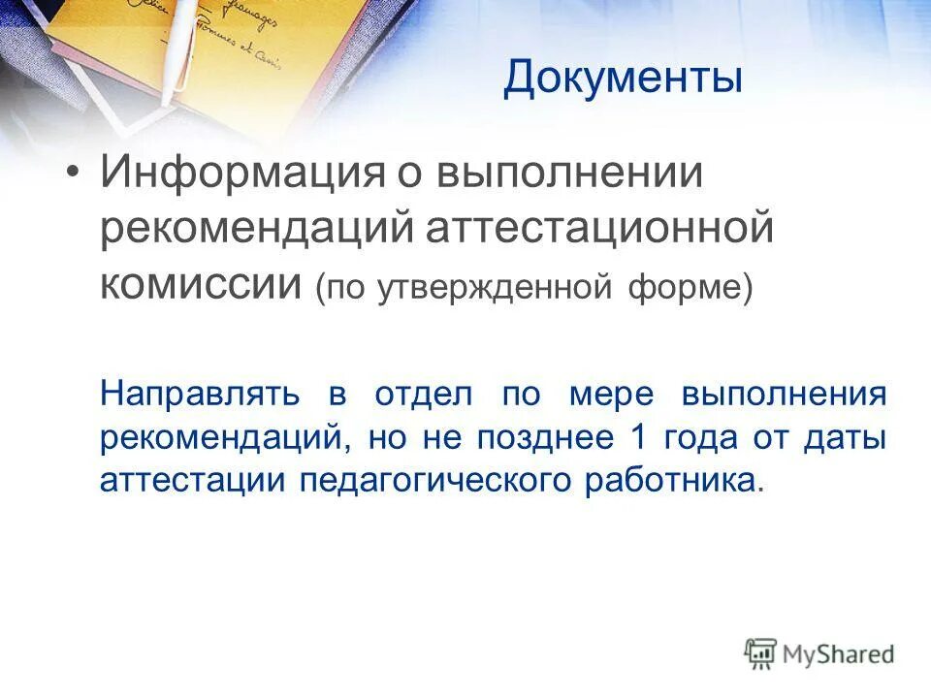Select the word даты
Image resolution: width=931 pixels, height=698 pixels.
[846, 437]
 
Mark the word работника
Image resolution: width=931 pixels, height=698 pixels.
[667, 480]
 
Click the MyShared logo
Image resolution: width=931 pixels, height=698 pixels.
[819, 653]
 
